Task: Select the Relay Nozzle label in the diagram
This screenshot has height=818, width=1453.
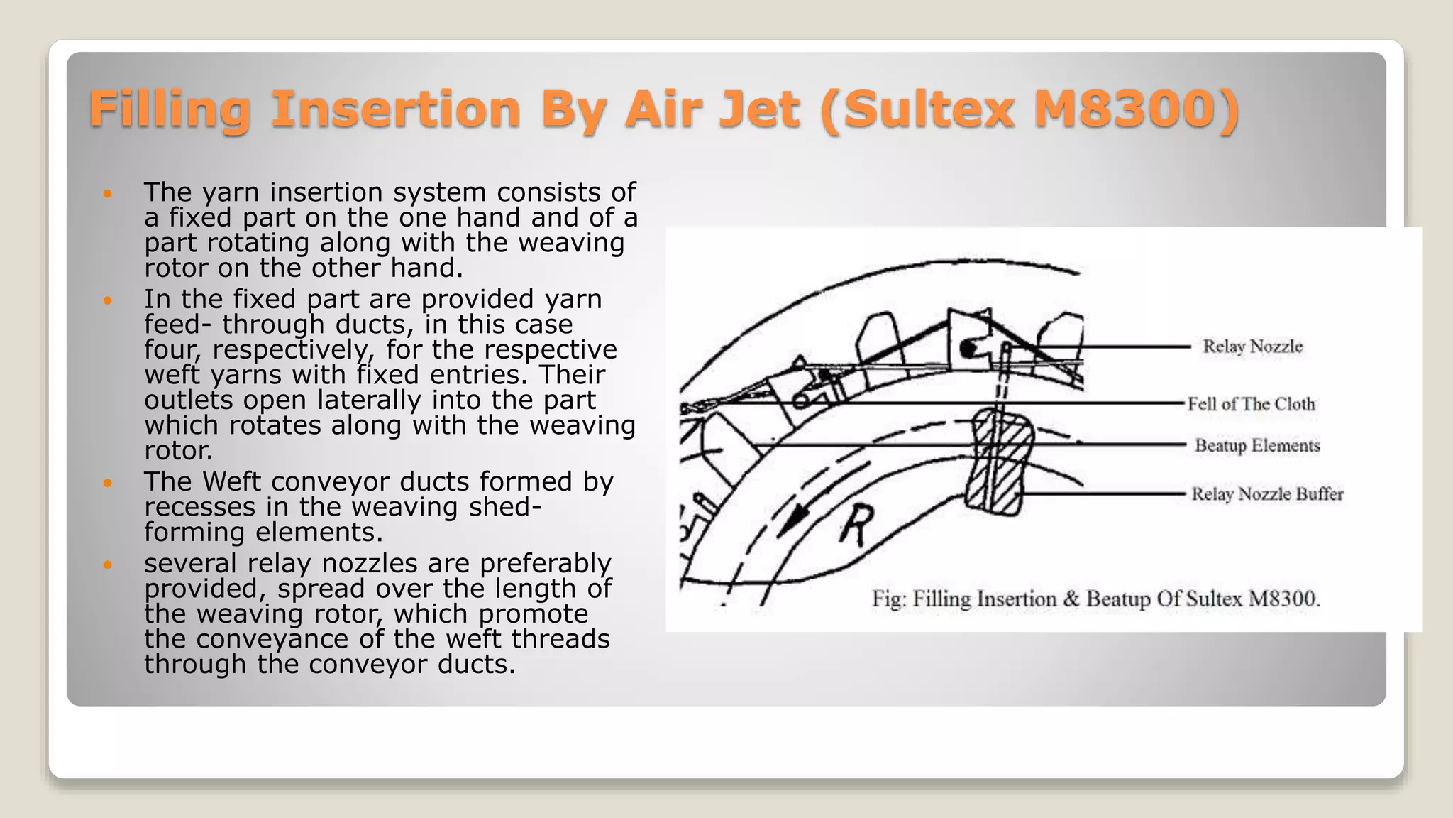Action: tap(1253, 347)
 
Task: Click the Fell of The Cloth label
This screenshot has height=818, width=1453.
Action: tap(1252, 404)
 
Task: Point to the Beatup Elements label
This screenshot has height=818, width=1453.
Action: tap(1257, 446)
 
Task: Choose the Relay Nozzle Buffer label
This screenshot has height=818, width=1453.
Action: tap(1267, 494)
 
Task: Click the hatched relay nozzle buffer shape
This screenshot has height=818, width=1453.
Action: tap(999, 462)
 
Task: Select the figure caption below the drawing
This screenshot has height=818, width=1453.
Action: tap(1096, 599)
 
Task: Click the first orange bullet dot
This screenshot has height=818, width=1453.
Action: tap(108, 193)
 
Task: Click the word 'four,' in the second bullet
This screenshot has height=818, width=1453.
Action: tap(173, 350)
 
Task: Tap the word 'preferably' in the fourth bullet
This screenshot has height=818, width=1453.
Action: tap(544, 564)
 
